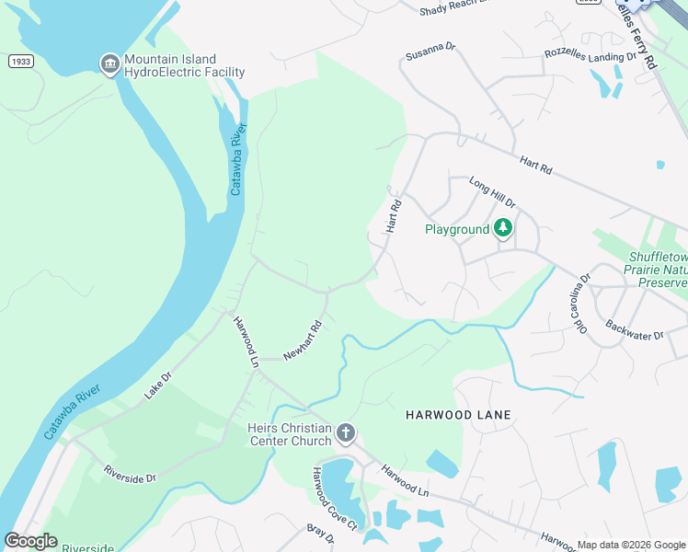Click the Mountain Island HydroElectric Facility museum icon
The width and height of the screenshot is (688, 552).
point(109,63)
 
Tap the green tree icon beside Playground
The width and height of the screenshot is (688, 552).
point(503,228)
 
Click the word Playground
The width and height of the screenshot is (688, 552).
point(456,229)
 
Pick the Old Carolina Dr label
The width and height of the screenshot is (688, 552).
point(583,305)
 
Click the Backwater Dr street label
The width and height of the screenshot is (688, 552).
point(634,330)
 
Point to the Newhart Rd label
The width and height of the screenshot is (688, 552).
point(302,340)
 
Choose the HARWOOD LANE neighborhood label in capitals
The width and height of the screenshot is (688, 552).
point(458,415)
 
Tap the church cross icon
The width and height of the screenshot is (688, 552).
point(346,432)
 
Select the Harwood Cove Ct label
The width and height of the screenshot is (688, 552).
point(334,498)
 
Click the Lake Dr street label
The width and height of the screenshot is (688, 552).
point(157,385)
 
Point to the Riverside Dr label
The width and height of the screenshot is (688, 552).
point(130,473)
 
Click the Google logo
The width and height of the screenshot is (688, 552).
point(30,541)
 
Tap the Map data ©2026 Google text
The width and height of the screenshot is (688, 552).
point(631,545)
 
